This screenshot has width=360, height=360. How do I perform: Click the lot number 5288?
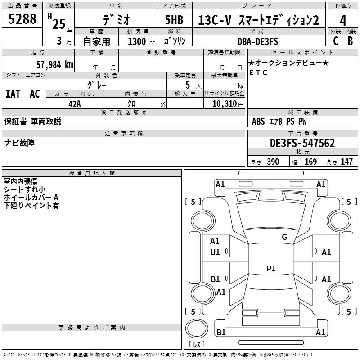22,19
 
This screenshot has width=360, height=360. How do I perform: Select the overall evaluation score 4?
343,21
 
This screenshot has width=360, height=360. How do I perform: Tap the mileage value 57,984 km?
55,65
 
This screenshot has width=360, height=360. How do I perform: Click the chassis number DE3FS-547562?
302,143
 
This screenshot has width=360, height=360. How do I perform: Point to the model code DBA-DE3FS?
258,41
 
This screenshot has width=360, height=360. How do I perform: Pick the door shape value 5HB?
174,20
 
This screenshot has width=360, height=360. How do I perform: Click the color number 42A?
75,104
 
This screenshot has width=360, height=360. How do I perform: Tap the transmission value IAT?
13,94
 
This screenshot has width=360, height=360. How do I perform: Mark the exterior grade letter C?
336,41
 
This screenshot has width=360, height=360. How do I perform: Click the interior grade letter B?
350,41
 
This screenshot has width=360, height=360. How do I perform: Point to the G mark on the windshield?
284,237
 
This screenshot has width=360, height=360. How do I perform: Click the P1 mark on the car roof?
271,268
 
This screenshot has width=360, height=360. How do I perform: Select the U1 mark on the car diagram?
215,252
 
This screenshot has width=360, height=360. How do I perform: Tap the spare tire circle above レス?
197,328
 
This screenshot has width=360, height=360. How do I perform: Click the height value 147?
346,162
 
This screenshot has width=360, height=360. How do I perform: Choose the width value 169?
310,162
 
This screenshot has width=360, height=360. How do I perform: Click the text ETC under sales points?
258,72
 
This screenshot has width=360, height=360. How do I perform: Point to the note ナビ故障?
19,143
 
